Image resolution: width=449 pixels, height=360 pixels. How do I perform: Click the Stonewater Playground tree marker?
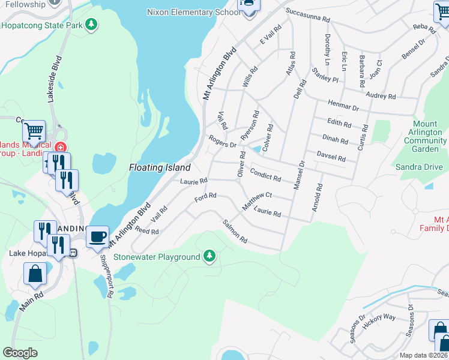tap(209, 257)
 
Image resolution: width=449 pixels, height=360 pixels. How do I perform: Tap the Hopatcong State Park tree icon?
tap(91, 25)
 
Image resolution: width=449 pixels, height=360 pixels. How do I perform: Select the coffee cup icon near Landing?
tap(97, 236)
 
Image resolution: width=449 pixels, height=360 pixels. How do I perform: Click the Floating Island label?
tap(160, 168)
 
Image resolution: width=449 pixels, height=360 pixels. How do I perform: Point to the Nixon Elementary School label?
tap(193, 12)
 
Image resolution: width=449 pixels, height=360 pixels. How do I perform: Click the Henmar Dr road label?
tap(343, 105)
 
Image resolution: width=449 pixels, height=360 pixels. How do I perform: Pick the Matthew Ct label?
tap(257, 200)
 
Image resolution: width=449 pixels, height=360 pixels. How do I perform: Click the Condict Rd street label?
tap(265, 174)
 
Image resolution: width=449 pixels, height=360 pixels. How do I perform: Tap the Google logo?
tap(20, 353)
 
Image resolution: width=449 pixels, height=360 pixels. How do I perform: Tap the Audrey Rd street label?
tap(381, 95)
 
